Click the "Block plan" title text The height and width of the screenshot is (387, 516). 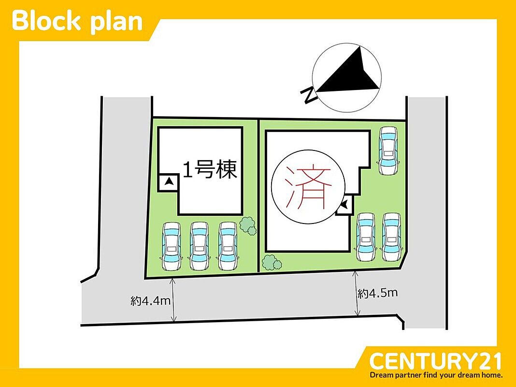[77, 21]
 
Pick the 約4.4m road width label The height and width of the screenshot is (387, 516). [150, 301]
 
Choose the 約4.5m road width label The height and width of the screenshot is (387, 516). [378, 293]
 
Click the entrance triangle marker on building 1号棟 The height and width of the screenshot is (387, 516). [169, 182]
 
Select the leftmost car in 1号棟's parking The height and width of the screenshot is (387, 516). [172, 246]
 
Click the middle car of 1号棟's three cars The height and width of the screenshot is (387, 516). [199, 246]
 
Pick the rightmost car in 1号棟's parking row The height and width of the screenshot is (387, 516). [227, 246]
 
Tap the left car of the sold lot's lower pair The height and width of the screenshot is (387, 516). [366, 237]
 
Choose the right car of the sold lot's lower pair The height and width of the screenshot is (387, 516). [392, 237]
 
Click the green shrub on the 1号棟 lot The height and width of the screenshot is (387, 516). [248, 225]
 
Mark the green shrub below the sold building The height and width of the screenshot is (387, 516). [272, 263]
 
